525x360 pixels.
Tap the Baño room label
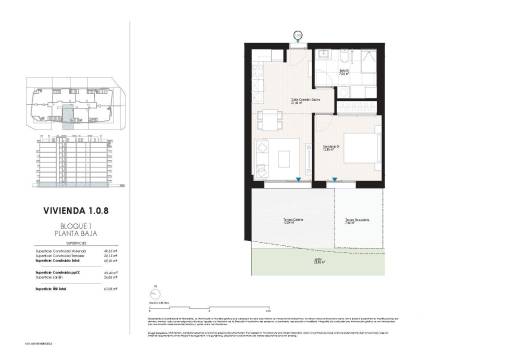(344, 72)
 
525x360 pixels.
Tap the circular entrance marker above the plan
(297, 37)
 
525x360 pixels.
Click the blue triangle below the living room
(298, 181)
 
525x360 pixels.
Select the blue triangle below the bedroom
(334, 181)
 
